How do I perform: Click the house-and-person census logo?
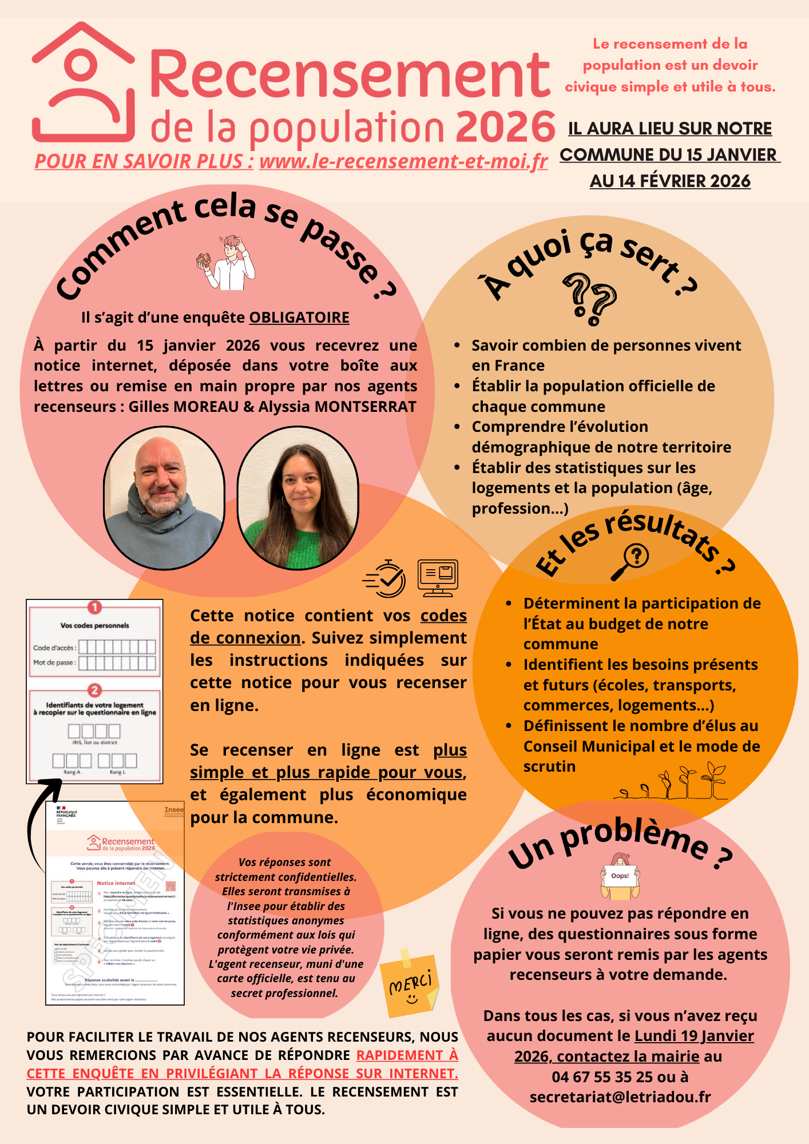[x=84, y=83]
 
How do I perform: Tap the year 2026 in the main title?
[x=505, y=127]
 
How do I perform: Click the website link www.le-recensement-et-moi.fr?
[x=403, y=162]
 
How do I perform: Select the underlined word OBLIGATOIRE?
[x=299, y=317]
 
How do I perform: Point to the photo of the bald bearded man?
[x=164, y=498]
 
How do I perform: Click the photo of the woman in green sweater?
[x=298, y=498]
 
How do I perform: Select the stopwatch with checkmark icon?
[x=385, y=578]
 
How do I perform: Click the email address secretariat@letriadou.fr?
[x=620, y=1097]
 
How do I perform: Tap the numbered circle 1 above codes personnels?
[x=94, y=607]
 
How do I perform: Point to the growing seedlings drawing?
[x=675, y=784]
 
